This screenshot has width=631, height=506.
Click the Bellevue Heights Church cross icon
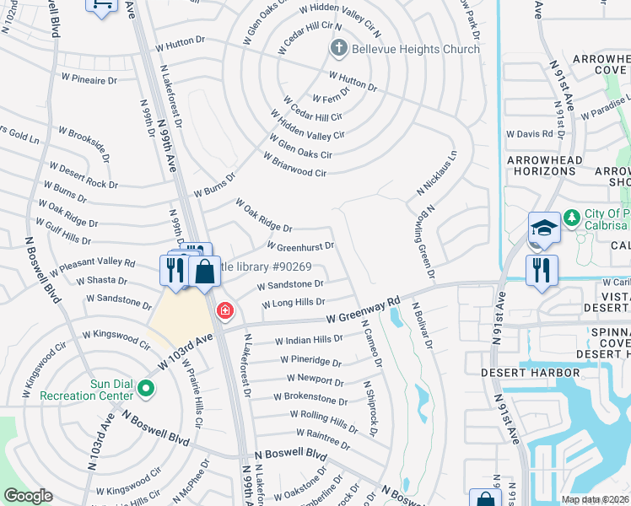(x=339, y=48)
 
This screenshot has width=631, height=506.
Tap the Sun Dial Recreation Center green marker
(x=146, y=389)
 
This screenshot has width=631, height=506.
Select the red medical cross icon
(x=224, y=311)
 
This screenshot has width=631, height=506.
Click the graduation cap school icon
(x=544, y=228)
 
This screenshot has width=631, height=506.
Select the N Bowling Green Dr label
(x=423, y=242)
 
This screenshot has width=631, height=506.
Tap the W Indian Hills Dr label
(x=309, y=341)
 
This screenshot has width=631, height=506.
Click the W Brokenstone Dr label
(x=310, y=399)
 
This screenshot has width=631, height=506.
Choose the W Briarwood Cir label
(x=294, y=165)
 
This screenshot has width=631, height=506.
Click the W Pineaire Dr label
(x=88, y=80)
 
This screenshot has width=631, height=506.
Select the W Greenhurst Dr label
(x=300, y=246)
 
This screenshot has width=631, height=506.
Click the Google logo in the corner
(x=28, y=496)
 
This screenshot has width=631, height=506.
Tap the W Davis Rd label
(x=529, y=133)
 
